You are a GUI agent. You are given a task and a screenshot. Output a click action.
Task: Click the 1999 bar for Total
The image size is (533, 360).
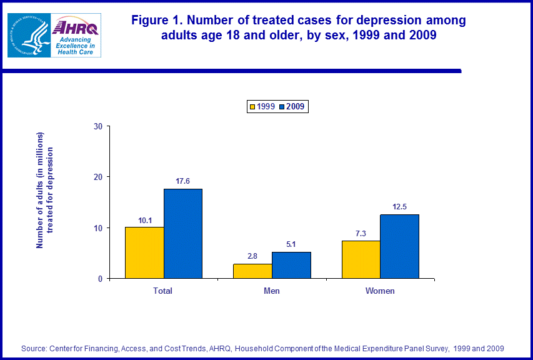coord(144,252)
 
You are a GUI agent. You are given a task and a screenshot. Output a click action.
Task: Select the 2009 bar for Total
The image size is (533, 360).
coord(183,233)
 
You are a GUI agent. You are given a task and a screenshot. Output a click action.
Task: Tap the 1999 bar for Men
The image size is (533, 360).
coord(252,271)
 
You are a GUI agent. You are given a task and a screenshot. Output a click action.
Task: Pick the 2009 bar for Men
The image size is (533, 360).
coord(291,265)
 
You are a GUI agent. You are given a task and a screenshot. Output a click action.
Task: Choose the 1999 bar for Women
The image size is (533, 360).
coord(361,259)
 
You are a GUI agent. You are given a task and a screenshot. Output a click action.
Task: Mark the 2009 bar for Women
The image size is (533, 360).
coord(399,246)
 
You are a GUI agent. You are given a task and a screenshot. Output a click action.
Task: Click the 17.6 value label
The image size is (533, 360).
coord(183,181)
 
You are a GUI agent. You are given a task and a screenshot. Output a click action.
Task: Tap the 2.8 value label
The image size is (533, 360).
coord(252,256)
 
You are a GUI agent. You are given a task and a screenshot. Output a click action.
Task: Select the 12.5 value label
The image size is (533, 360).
coord(399,207)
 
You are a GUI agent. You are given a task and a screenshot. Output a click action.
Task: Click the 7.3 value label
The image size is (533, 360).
coord(361,233)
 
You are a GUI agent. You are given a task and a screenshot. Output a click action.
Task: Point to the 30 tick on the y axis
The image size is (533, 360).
coord(98,126)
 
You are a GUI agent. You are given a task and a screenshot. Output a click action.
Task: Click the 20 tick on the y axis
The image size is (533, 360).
coord(98,177)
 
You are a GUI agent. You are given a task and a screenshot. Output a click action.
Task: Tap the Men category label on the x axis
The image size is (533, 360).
coord(271,291)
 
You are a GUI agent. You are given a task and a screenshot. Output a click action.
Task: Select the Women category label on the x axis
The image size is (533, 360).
coord(380,291)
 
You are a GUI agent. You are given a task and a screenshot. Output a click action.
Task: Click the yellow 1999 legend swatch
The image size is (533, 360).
coord(252,107)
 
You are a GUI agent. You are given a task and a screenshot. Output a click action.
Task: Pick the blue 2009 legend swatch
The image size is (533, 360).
coord(282,107)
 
